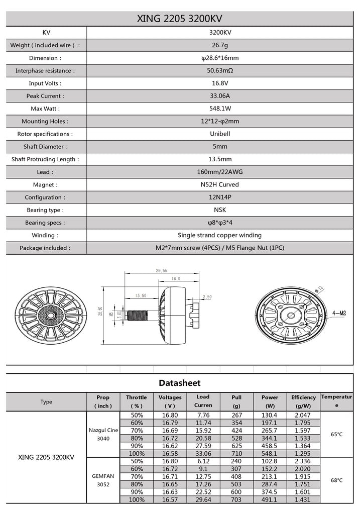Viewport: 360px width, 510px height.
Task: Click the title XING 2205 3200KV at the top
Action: tap(179, 19)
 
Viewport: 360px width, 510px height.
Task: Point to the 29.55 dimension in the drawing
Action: tap(161, 271)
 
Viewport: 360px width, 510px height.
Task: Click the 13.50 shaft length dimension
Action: tap(140, 295)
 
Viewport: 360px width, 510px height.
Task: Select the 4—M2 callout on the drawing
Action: tap(339, 313)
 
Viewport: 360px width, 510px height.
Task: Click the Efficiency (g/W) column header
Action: tap(303, 401)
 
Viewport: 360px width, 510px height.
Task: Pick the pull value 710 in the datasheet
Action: tap(237, 454)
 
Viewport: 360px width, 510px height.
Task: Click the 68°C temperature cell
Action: tap(337, 480)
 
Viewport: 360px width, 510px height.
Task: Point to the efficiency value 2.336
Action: tap(303, 461)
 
